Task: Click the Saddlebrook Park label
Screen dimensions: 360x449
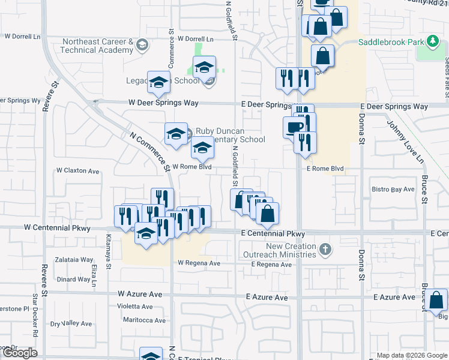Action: click(x=391, y=43)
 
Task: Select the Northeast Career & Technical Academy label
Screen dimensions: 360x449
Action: click(x=98, y=46)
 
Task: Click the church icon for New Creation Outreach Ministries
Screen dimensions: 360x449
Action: click(x=325, y=249)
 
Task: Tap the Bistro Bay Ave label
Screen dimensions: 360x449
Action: click(x=393, y=190)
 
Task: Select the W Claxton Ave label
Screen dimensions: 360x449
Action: click(x=77, y=171)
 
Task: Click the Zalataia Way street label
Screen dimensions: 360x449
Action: click(x=74, y=260)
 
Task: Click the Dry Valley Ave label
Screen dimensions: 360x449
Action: click(x=72, y=324)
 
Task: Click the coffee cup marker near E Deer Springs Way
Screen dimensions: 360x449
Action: click(x=294, y=127)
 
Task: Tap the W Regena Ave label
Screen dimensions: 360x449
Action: click(x=199, y=263)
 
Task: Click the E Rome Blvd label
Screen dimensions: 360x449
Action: click(x=325, y=169)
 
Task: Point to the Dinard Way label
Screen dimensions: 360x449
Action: click(x=74, y=279)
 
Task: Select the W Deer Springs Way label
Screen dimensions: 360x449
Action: click(x=163, y=103)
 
